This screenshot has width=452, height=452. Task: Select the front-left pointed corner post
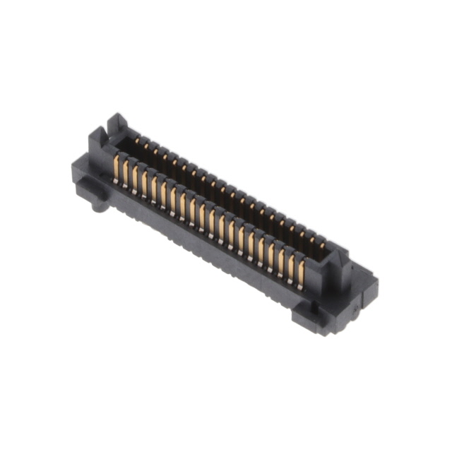(x=97, y=141)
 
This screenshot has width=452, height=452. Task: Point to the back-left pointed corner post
(x=117, y=121)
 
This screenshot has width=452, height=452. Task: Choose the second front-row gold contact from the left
(x=126, y=173)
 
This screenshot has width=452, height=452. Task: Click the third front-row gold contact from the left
(x=136, y=178)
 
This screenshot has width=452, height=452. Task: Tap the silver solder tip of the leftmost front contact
(x=114, y=182)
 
